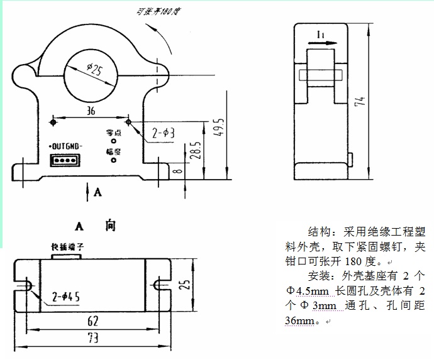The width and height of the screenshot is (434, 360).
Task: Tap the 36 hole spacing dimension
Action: coord(91,111)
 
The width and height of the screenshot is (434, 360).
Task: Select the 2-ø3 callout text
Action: coord(165,133)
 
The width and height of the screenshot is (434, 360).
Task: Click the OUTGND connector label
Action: coord(65,148)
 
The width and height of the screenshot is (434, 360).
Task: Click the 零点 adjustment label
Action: coord(113,133)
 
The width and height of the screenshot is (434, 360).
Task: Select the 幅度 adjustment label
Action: coord(113,151)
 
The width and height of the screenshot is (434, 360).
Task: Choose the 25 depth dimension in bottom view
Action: coord(184,284)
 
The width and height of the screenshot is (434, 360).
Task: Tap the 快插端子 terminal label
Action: coord(68,247)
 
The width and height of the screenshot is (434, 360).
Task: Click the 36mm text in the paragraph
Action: coord(299,320)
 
